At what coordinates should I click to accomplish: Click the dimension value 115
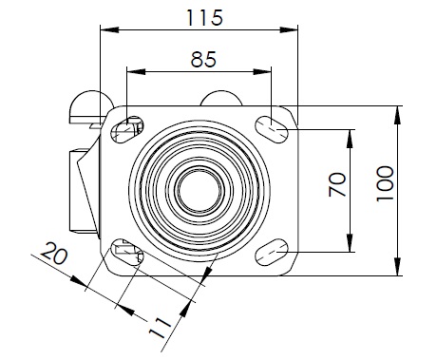204,18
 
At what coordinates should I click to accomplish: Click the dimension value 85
203,59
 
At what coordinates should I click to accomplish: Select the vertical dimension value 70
337,184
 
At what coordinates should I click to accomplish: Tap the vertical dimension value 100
385,183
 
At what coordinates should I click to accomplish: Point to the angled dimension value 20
54,253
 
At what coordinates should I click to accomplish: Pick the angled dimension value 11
161,328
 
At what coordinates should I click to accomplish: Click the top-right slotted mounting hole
272,129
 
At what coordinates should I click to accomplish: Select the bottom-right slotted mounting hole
272,252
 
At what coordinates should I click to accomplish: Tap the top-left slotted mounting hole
126,129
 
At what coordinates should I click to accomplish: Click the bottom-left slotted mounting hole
126,252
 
